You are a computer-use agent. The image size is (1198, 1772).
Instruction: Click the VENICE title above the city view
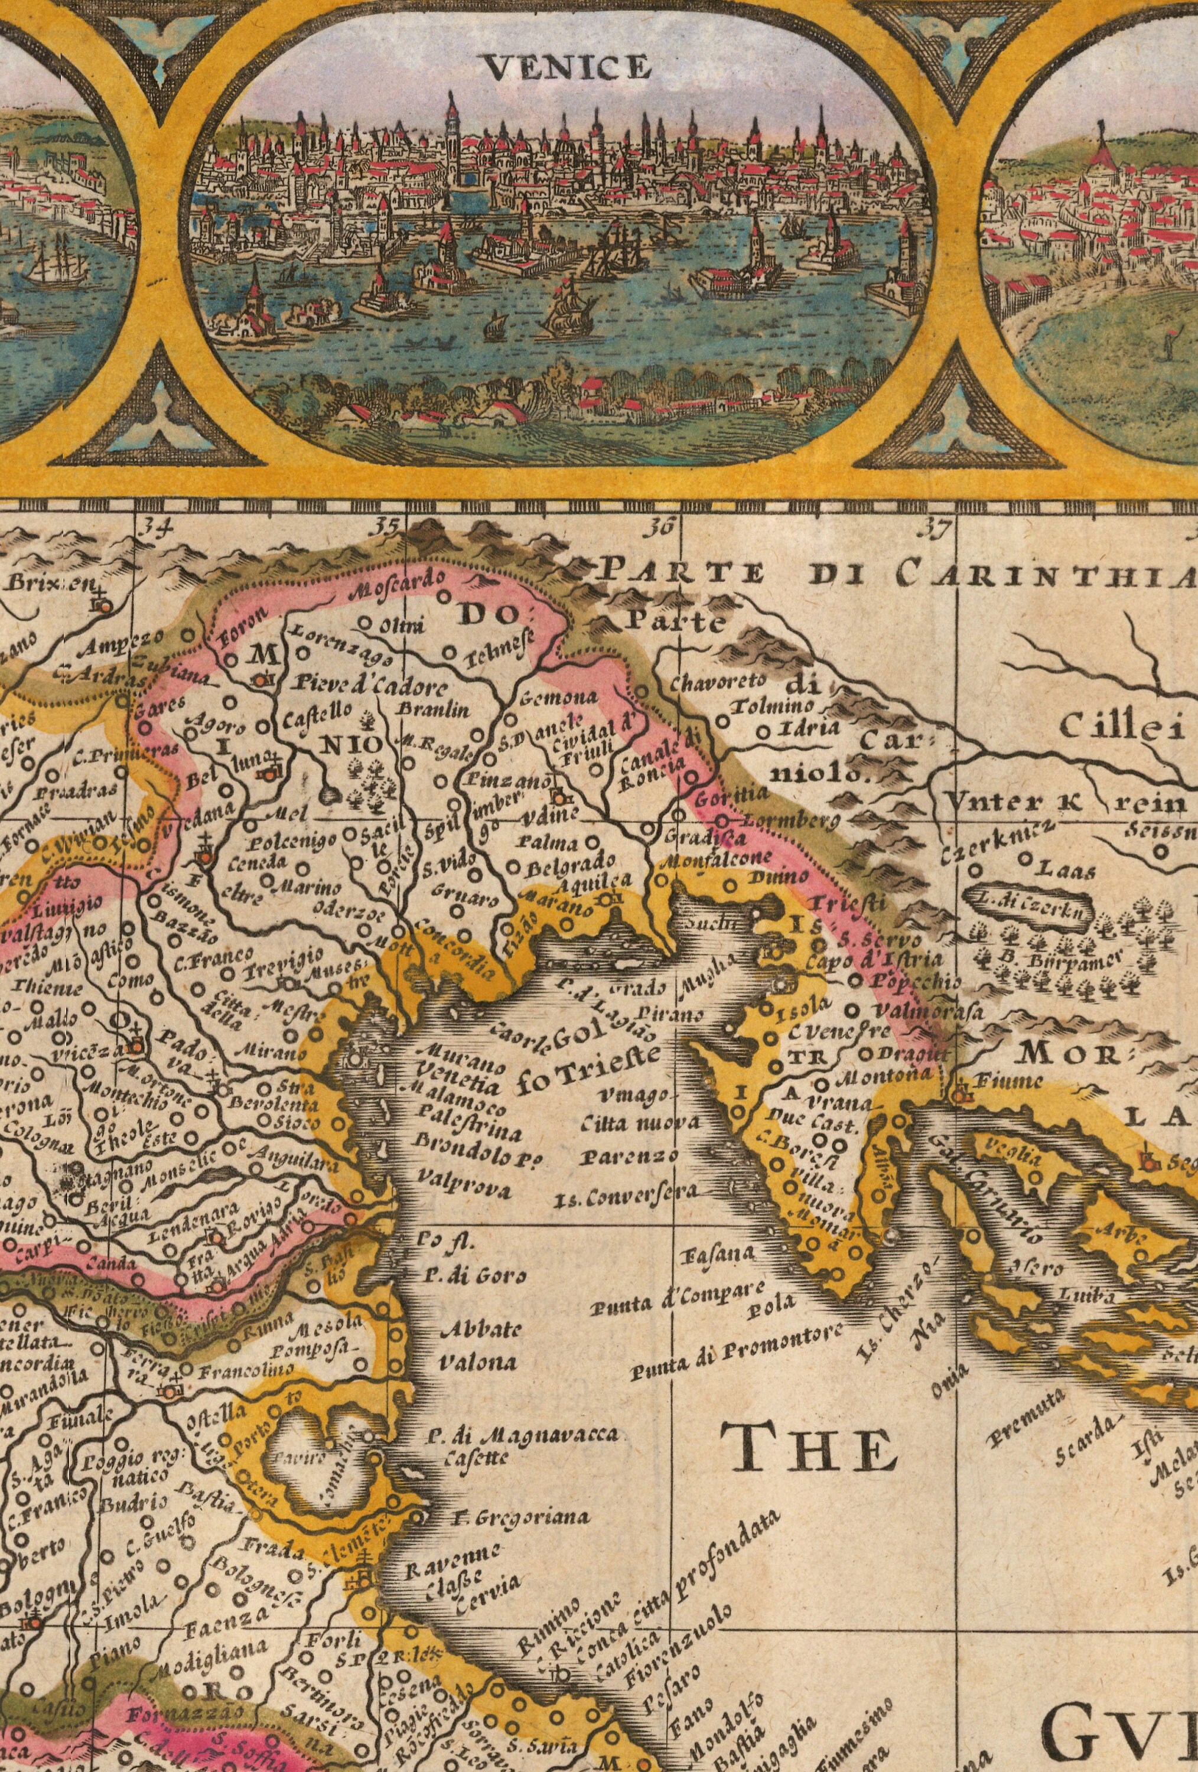[568, 69]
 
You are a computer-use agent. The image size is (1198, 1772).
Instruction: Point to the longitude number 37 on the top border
[937, 527]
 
